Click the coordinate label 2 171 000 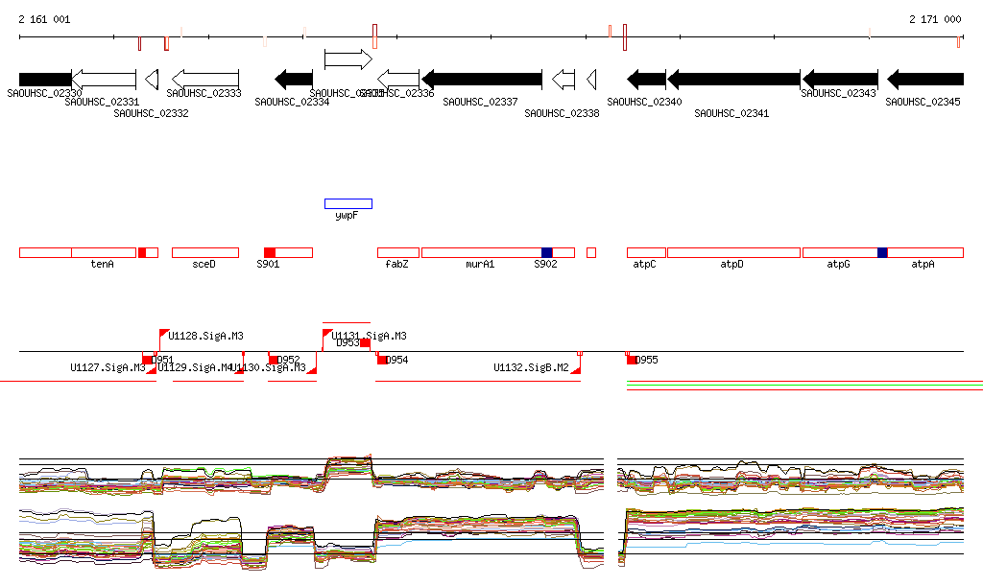click(x=935, y=19)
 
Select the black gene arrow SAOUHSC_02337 click(x=482, y=79)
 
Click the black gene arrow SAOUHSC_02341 click(x=734, y=79)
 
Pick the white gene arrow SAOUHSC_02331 click(x=104, y=79)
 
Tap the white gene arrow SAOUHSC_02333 click(x=204, y=79)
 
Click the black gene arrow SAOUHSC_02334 click(x=294, y=79)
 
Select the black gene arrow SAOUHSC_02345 click(x=924, y=79)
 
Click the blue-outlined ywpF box click(x=348, y=203)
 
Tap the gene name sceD click(x=204, y=264)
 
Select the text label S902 click(x=545, y=264)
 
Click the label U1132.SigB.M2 click(x=531, y=367)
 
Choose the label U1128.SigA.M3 click(x=205, y=336)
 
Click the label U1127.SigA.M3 click(x=108, y=367)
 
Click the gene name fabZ click(x=396, y=264)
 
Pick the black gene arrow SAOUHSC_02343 click(x=840, y=79)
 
